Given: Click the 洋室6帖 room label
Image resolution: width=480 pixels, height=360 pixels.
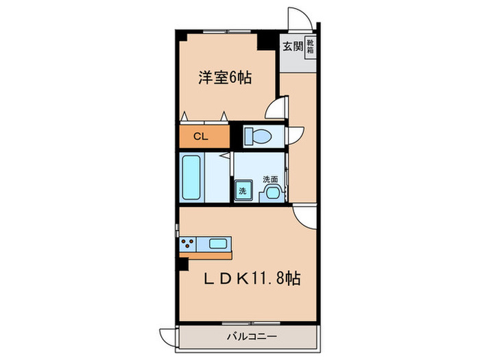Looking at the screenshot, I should point(224,78).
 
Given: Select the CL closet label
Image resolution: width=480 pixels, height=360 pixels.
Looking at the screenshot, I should point(200,136).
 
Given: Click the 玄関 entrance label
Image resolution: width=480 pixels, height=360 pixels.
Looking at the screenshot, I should point(291,47).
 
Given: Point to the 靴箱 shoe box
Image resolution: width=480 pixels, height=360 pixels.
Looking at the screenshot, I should point(310,47).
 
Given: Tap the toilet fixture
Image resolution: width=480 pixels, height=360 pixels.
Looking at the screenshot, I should point(259,136).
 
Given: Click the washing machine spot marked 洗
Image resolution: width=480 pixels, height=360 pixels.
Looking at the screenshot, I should point(242,191).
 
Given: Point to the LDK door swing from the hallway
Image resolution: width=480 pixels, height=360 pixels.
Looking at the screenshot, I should point(302,216).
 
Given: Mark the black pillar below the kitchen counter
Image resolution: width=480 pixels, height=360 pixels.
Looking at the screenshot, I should point(182,261).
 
